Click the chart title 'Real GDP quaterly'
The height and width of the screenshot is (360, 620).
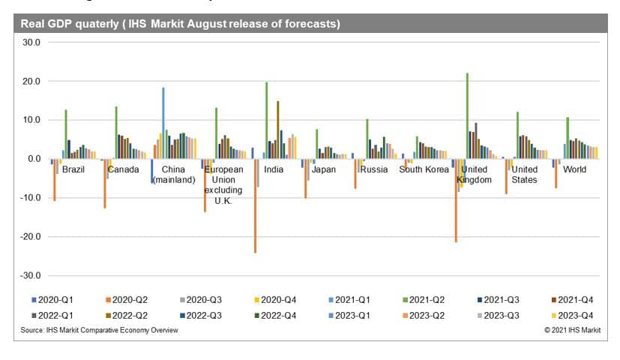tap(180, 24)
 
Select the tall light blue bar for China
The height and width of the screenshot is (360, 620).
tap(163, 123)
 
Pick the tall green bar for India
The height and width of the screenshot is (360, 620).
tap(266, 120)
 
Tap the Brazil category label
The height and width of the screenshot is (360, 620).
tap(73, 169)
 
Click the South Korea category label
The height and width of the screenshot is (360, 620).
tap(423, 169)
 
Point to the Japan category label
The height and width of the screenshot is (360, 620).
tap(323, 169)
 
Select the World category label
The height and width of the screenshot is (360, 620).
tap(574, 169)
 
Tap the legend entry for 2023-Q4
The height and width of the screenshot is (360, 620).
tap(566, 316)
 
